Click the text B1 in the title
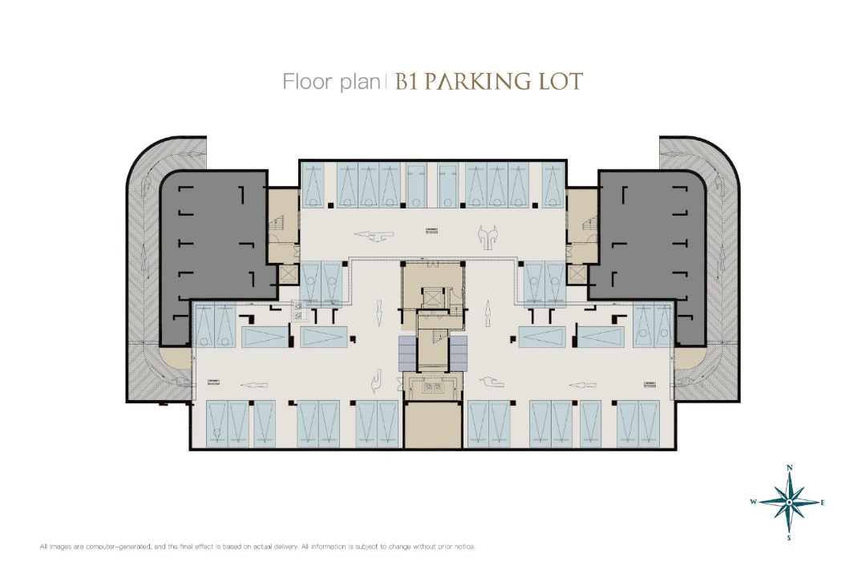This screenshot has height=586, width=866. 406,82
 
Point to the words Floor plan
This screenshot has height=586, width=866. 331,82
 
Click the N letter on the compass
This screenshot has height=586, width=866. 789,468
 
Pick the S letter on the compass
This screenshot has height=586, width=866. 789,538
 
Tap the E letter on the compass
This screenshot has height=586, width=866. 823,503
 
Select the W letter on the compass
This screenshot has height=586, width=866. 753,502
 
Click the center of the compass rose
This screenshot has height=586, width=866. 789,502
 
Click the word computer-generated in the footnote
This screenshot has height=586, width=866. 119,547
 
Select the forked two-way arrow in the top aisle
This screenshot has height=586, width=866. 488,237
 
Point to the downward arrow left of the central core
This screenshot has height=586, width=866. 378,313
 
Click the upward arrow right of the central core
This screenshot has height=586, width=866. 488,313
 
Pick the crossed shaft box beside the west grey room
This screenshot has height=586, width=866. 288,274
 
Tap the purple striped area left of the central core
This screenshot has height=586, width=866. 407,353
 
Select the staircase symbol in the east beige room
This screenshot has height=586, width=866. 590,224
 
